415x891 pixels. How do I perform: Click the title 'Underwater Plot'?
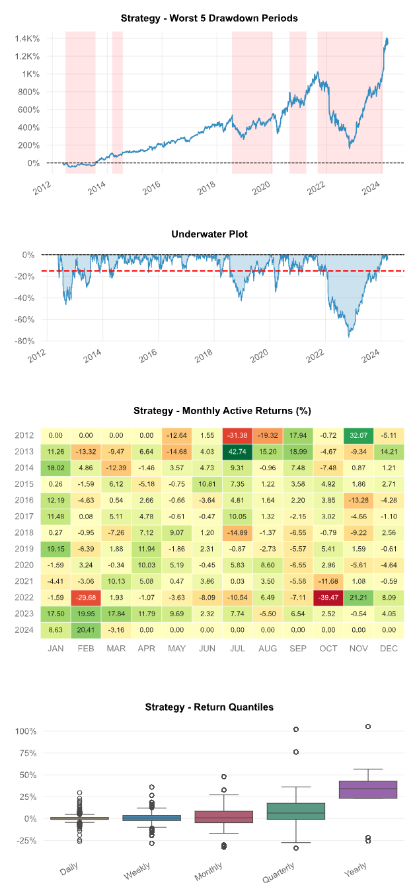click(x=209, y=234)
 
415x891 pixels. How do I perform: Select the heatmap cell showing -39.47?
click(x=328, y=598)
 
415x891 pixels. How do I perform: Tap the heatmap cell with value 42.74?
click(x=237, y=452)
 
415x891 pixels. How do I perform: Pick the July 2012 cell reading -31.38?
click(x=237, y=435)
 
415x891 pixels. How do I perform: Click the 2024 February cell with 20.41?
click(x=86, y=629)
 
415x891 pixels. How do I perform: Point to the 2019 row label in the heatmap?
click(x=24, y=549)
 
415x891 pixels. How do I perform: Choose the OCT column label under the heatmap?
click(x=328, y=649)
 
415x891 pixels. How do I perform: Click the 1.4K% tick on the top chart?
click(x=27, y=38)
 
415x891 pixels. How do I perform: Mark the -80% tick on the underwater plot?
click(x=24, y=341)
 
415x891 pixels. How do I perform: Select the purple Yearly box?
click(x=368, y=789)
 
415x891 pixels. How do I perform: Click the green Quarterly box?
click(x=296, y=811)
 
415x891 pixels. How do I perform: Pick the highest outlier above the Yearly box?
click(x=368, y=727)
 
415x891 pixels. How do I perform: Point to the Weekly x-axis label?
click(x=137, y=871)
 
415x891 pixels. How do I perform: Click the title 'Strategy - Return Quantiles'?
click(x=209, y=707)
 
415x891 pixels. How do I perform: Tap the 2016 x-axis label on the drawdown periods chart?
click(x=151, y=188)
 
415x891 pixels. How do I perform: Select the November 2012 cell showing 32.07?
click(x=359, y=435)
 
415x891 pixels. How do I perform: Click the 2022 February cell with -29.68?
click(x=86, y=598)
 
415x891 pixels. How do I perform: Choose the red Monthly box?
click(x=223, y=816)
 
